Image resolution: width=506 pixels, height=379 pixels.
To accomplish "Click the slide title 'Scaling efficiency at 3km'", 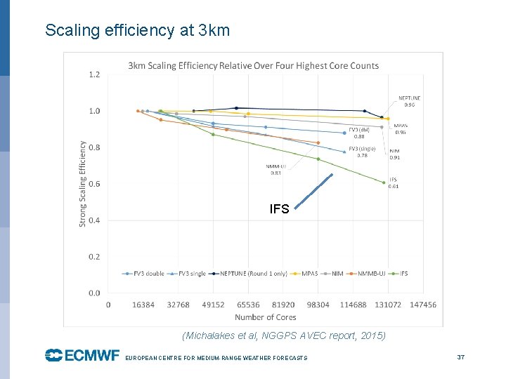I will pyautogui.click(x=137, y=31).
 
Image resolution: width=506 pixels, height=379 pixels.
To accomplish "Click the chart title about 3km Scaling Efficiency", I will pyautogui.click(x=253, y=66).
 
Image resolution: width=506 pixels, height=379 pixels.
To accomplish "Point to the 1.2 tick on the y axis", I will pyautogui.click(x=94, y=74).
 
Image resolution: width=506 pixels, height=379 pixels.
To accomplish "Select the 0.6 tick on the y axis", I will pyautogui.click(x=94, y=184).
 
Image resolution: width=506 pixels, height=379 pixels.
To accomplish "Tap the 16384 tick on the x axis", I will pyautogui.click(x=143, y=305).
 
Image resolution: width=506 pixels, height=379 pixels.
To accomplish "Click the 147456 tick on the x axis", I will pyautogui.click(x=422, y=305).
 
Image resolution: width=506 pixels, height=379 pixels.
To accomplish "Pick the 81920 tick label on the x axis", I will pyautogui.click(x=283, y=305).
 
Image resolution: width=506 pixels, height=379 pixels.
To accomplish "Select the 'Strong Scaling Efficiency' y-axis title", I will pyautogui.click(x=82, y=184).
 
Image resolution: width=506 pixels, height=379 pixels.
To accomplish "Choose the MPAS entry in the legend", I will pyautogui.click(x=307, y=274).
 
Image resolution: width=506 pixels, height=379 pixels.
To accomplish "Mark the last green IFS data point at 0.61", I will pyautogui.click(x=384, y=182).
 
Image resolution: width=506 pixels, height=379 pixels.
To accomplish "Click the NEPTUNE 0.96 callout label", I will pyautogui.click(x=410, y=102).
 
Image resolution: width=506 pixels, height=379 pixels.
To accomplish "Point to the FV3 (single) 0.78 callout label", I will pyautogui.click(x=362, y=152).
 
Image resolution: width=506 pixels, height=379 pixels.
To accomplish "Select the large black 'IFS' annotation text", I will pyautogui.click(x=279, y=208).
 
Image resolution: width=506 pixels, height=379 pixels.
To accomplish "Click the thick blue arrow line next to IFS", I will pyautogui.click(x=313, y=191).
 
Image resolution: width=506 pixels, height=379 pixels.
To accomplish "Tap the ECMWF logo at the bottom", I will pyautogui.click(x=82, y=356).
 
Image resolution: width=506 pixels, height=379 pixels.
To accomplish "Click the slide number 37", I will pyautogui.click(x=461, y=357).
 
